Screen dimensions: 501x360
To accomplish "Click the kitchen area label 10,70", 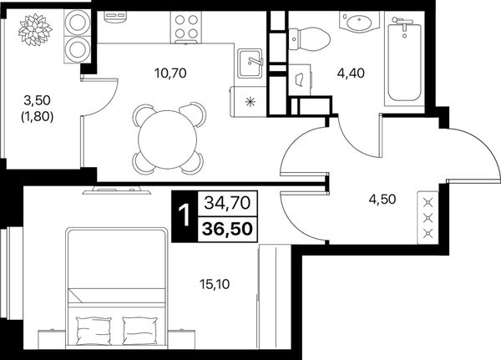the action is (x=170, y=74).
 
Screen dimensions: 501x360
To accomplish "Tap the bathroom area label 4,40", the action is (x=351, y=74).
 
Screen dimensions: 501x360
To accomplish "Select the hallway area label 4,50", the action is (x=382, y=199).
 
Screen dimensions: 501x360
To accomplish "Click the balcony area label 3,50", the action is (x=37, y=101).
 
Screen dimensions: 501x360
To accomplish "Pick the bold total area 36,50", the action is (x=228, y=229).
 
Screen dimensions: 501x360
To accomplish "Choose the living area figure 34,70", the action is (x=227, y=203).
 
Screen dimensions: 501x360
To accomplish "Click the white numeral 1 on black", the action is (x=185, y=215).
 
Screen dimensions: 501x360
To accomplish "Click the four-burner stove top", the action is (x=186, y=27).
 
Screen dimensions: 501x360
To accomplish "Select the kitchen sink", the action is (x=250, y=63).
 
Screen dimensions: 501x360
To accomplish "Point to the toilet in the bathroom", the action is (x=309, y=39).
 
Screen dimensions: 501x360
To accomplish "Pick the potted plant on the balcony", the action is (x=35, y=30).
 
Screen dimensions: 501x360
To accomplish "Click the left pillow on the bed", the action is (x=94, y=330).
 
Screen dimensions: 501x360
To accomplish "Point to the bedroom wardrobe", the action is (x=275, y=297).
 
